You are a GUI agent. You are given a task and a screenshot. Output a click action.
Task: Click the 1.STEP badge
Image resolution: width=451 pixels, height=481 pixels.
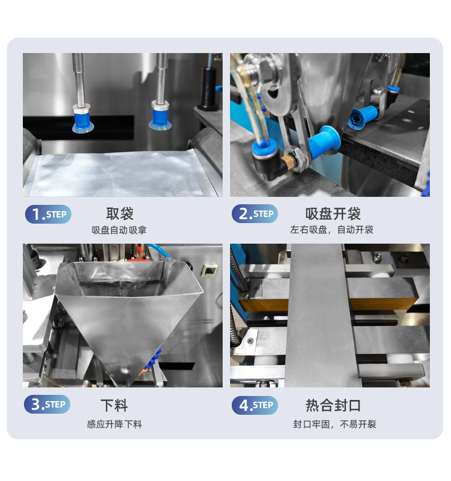[48, 214]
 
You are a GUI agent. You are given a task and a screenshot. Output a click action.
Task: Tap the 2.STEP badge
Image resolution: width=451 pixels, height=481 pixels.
[255, 214]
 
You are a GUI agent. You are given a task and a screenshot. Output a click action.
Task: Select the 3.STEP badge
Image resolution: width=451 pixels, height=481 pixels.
[47, 405]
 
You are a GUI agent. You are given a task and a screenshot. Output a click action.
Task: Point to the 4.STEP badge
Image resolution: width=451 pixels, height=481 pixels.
[255, 405]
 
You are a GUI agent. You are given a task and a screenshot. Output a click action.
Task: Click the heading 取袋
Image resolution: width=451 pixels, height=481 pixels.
[120, 214]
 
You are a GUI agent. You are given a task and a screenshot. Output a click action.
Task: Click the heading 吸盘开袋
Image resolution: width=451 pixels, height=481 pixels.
[333, 214]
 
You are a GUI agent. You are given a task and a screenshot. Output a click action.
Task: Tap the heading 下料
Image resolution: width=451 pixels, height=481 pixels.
[114, 406]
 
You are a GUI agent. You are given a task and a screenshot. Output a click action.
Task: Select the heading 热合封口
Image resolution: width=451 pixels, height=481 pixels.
[333, 405]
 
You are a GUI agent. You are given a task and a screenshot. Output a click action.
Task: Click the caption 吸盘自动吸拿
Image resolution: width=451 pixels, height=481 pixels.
[119, 230]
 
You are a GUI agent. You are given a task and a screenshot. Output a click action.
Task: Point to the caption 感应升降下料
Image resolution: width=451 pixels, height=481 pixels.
[115, 425]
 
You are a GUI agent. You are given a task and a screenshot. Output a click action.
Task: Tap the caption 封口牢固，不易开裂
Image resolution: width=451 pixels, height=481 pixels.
[335, 425]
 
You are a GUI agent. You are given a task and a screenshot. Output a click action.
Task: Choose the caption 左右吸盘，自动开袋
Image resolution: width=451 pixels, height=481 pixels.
[332, 229]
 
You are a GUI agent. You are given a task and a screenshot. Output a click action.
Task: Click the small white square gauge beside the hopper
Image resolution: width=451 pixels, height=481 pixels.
[210, 270]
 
